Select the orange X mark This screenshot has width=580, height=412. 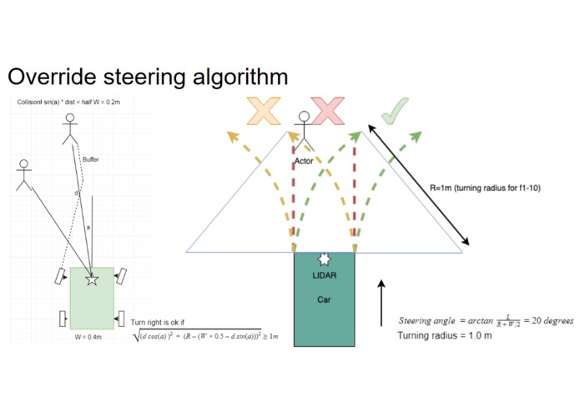pos(263,111)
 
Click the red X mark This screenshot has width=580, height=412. pos(327,111)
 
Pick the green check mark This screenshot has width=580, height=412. pos(393,111)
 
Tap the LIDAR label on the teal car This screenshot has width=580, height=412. pos(324,275)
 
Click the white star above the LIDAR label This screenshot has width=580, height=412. pos(324,260)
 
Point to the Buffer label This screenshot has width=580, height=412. pos(91,159)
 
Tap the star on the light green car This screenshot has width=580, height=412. pos(92,280)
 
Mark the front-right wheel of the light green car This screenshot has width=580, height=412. pos(123,274)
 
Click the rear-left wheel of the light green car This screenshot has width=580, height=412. pos(63,318)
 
